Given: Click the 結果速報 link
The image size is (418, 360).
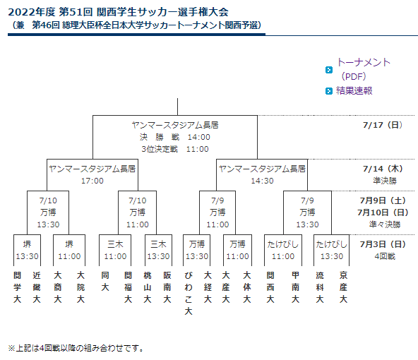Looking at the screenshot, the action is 354,91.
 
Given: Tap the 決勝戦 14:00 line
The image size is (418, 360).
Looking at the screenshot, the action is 175,137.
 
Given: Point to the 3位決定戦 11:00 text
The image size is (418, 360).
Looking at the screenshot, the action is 175,149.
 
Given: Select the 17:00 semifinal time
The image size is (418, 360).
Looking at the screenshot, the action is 92,181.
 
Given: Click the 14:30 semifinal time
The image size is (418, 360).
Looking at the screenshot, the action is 262,181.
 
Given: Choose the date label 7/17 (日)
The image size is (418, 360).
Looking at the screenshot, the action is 383,125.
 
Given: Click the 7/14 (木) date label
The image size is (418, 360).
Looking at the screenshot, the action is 383,169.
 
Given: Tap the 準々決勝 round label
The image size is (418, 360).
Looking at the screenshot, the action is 385,224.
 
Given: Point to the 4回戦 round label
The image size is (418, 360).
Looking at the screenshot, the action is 385,256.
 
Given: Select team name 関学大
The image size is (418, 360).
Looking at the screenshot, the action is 18,287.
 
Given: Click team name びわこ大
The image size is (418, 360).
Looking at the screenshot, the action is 189,293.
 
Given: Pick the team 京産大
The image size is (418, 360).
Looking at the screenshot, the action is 343,287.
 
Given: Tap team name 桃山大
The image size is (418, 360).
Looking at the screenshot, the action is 148,287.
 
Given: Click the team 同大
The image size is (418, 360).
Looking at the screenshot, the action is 105,281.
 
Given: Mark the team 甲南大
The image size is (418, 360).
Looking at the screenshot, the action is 295,287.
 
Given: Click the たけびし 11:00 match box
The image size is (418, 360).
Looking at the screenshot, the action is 283,250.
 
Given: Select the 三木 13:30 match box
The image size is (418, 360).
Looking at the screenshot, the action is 158,250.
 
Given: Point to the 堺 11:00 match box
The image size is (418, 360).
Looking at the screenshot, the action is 69,250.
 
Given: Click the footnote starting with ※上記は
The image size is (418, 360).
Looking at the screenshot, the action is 76,348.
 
